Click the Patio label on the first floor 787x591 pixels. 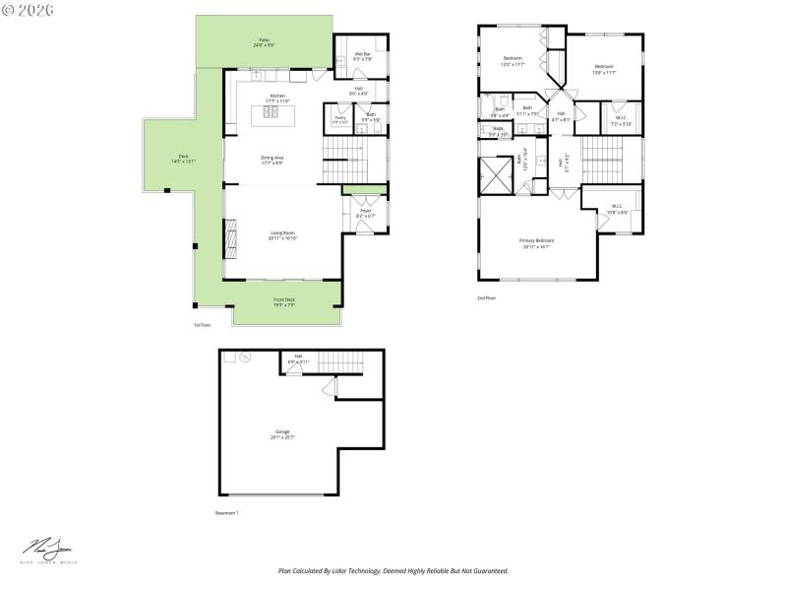pyautogui.click(x=264, y=40)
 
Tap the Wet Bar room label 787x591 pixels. pyautogui.click(x=362, y=54)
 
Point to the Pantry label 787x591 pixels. pyautogui.click(x=338, y=118)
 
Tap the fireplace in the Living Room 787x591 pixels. pyautogui.click(x=230, y=235)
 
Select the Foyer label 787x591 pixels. pyautogui.click(x=364, y=211)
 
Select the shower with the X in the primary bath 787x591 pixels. pyautogui.click(x=496, y=174)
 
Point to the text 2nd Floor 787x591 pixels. pyautogui.click(x=486, y=297)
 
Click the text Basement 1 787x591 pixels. pyautogui.click(x=227, y=513)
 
